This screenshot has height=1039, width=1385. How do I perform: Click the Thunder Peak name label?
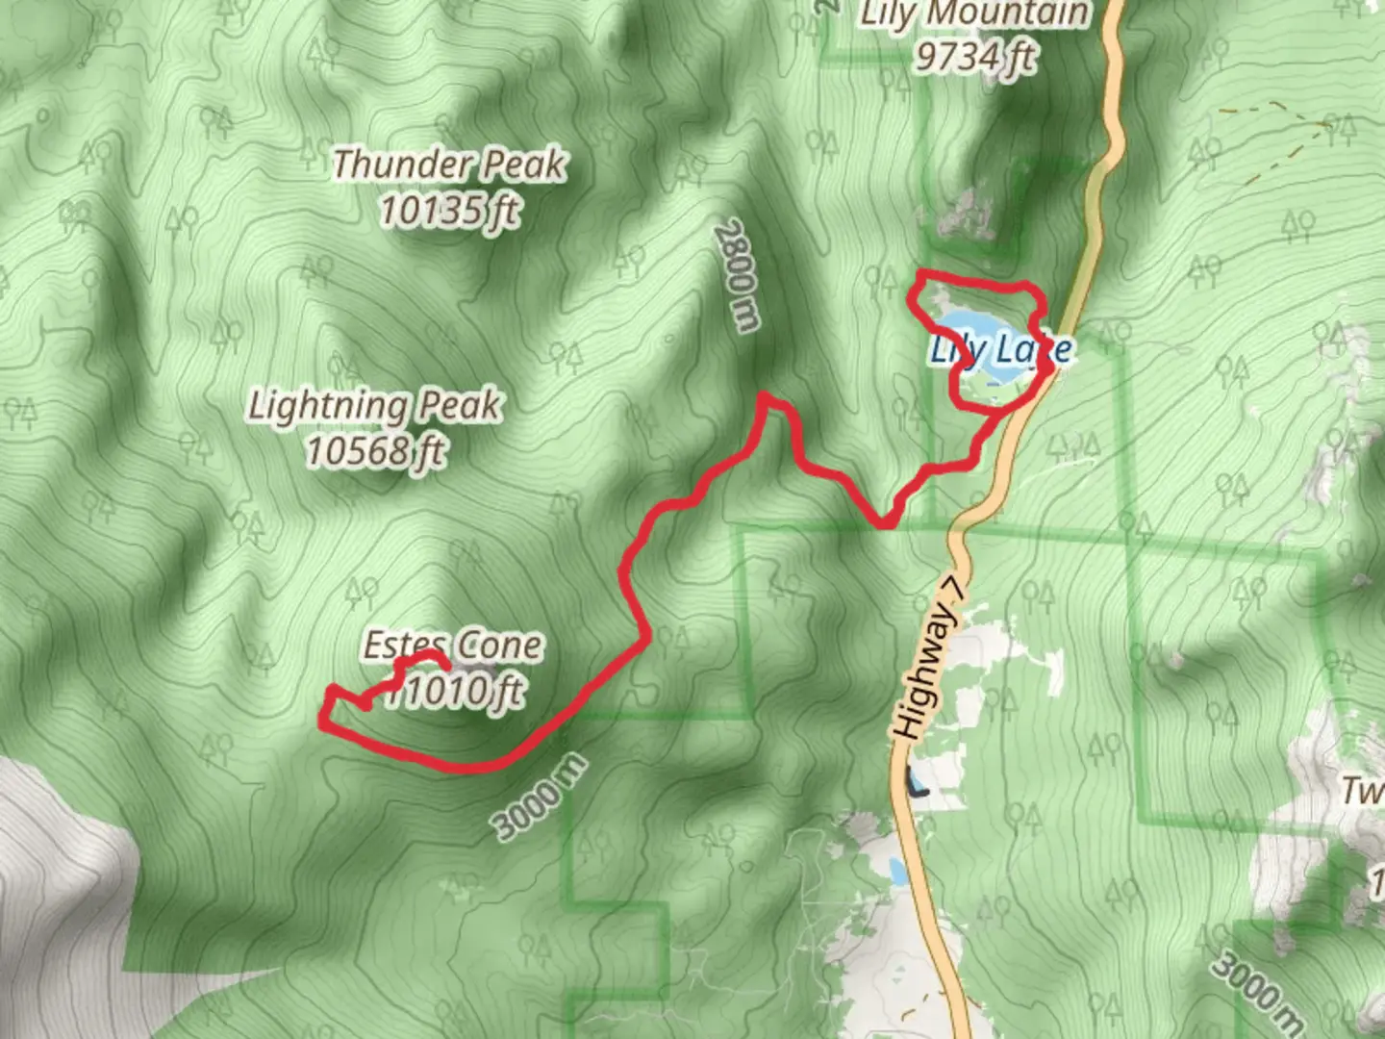(449, 165)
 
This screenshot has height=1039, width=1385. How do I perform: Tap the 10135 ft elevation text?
(449, 210)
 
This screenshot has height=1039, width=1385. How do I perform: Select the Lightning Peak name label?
(374, 405)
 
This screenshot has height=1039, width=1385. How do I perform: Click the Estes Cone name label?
(452, 645)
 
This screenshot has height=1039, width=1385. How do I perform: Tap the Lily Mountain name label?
(973, 13)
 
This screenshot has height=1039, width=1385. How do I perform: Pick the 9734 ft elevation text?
(973, 56)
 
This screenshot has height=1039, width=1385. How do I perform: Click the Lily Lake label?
(1000, 348)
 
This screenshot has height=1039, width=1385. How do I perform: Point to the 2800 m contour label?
(737, 275)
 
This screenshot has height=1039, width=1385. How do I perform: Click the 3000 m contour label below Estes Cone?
(539, 797)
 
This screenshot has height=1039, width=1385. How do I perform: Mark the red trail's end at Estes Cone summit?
(445, 664)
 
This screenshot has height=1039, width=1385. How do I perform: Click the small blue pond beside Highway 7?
(897, 872)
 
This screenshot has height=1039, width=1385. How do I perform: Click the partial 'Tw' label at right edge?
(1364, 791)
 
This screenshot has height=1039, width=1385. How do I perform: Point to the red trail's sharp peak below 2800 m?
(765, 395)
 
